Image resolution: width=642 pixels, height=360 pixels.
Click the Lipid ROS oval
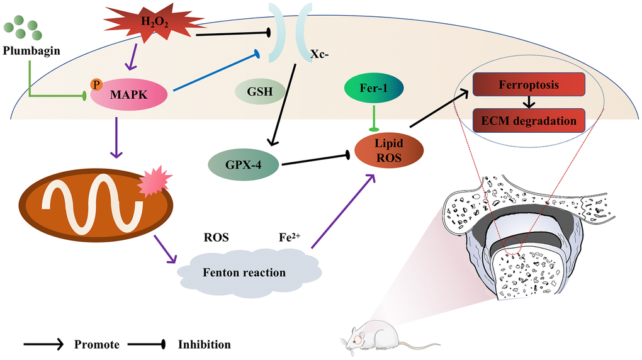[x=388, y=150]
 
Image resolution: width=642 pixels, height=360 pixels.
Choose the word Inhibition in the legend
[x=205, y=344]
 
